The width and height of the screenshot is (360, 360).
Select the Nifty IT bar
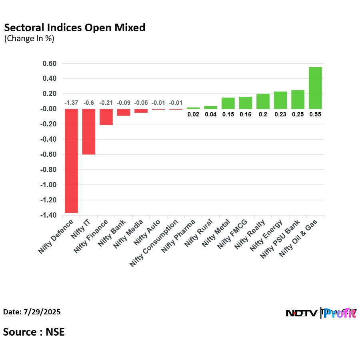click(x=89, y=132)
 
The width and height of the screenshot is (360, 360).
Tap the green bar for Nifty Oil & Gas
click(x=315, y=88)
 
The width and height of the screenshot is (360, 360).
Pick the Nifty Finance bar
click(x=106, y=117)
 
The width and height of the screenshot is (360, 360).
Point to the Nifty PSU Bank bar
click(x=298, y=100)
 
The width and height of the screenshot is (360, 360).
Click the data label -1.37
click(x=71, y=103)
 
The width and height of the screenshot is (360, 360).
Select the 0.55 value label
click(x=315, y=114)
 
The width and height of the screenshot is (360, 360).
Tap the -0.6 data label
click(x=89, y=103)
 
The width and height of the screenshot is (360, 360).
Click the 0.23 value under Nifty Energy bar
click(x=280, y=114)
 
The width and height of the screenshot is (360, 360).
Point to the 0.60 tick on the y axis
click(x=50, y=64)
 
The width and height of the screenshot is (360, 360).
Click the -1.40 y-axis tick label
click(x=48, y=216)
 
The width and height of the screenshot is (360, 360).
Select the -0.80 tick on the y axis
click(x=48, y=170)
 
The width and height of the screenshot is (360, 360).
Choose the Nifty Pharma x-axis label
click(x=178, y=236)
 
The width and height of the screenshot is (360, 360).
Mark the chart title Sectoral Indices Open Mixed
click(x=74, y=28)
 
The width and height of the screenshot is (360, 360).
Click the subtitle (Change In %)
click(x=29, y=39)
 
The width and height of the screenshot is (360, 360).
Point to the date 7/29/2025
click(x=32, y=312)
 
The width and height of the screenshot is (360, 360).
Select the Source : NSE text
click(x=34, y=332)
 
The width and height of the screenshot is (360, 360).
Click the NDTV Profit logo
click(x=321, y=313)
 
